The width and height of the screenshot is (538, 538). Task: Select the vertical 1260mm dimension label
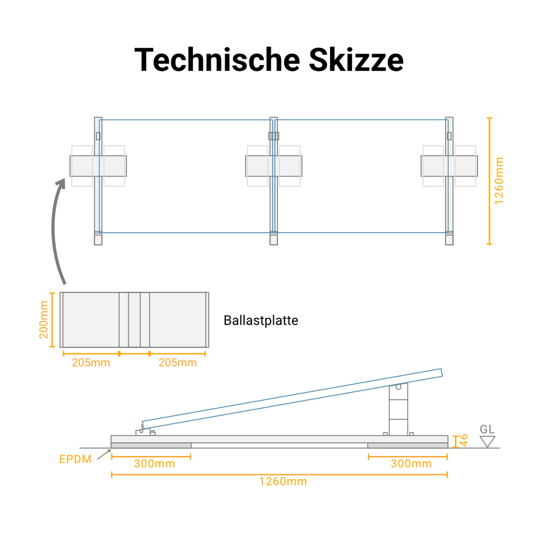pyautogui.click(x=499, y=181)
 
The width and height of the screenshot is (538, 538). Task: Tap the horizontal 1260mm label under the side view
pyautogui.click(x=283, y=481)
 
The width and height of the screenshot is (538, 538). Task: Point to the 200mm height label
pyautogui.click(x=44, y=319)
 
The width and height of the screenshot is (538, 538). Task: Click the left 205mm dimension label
pyautogui.click(x=91, y=363)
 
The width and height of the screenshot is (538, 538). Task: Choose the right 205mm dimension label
pyautogui.click(x=178, y=363)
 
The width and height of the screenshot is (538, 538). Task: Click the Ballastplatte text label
pyautogui.click(x=261, y=320)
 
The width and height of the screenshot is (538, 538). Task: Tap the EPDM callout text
pyautogui.click(x=75, y=459)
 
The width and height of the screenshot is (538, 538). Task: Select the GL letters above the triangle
pyautogui.click(x=488, y=429)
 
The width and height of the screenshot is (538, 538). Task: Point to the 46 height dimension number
pyautogui.click(x=464, y=440)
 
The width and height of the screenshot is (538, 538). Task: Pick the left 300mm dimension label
pyautogui.click(x=154, y=463)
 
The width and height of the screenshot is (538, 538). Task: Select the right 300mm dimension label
pyautogui.click(x=411, y=463)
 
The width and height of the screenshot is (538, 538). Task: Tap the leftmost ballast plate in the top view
pyautogui.click(x=98, y=166)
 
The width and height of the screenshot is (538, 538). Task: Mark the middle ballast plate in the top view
pyautogui.click(x=274, y=166)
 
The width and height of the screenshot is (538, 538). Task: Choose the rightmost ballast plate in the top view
pyautogui.click(x=449, y=166)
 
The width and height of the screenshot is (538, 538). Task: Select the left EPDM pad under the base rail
pyautogui.click(x=151, y=446)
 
